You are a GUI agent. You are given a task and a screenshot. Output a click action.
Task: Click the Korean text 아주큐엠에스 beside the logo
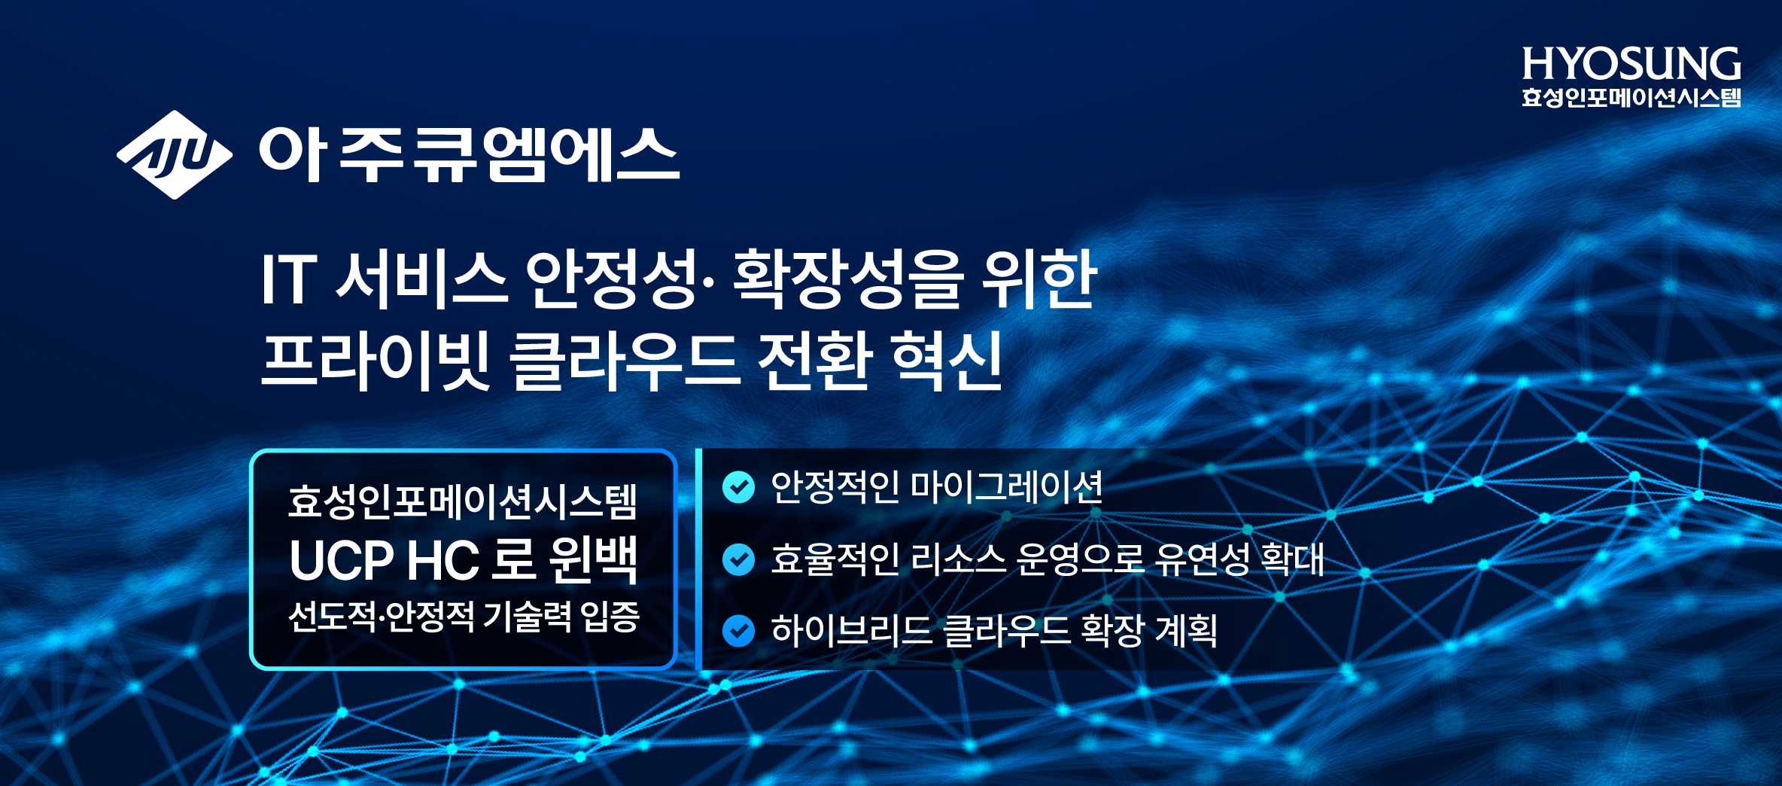(469, 154)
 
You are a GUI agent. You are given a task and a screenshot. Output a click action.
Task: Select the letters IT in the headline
(287, 279)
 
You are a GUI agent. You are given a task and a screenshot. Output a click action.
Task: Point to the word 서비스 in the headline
(421, 279)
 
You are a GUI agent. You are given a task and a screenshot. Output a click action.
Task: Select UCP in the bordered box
(341, 560)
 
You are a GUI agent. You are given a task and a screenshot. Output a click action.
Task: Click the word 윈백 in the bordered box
(594, 560)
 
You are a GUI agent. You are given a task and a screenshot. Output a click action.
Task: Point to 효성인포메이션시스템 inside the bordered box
(463, 501)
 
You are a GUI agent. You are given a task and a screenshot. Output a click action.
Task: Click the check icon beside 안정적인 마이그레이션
(738, 487)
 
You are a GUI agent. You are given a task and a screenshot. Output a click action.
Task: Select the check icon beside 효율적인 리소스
(738, 559)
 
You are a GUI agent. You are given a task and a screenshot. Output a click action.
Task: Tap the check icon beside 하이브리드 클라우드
(738, 631)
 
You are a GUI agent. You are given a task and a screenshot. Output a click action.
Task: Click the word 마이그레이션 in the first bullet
(1007, 487)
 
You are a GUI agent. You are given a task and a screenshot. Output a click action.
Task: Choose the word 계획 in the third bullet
(1186, 631)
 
